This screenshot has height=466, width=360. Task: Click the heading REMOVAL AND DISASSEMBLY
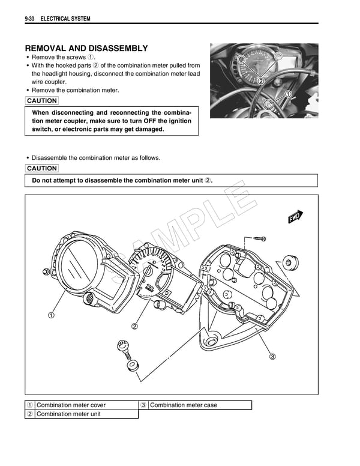(86, 48)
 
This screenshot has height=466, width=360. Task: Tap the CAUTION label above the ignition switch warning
(42, 101)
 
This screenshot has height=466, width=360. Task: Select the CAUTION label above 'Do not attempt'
(42, 168)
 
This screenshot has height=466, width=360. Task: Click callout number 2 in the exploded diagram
(134, 327)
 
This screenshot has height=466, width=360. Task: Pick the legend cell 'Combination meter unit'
(68, 414)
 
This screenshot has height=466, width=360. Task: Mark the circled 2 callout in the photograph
(261, 80)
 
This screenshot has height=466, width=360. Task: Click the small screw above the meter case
(259, 238)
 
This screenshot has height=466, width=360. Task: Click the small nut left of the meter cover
(46, 271)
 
